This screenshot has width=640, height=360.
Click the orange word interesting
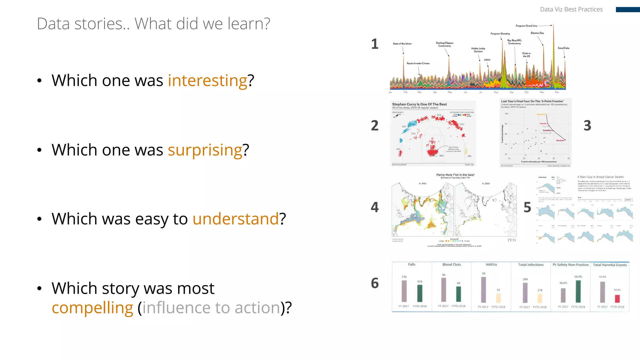coord(207,81)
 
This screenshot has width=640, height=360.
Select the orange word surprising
coord(205,150)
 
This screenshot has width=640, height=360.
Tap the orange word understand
coord(235,219)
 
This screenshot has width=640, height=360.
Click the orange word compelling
coord(92,308)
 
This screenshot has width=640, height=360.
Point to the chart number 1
coord(375,44)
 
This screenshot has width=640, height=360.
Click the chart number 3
coord(587,126)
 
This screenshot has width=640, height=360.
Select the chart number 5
coord(527,207)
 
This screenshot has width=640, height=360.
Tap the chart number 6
coord(375,283)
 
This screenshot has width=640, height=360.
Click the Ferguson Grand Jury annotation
coord(527,26)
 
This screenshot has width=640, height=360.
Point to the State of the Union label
coord(402,44)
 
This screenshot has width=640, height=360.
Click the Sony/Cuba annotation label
coord(563,48)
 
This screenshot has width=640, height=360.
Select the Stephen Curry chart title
coord(419,104)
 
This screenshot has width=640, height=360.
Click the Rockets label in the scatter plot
coord(560,141)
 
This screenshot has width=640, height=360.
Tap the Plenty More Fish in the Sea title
coord(455,175)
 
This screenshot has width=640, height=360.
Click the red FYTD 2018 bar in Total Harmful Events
coord(617,298)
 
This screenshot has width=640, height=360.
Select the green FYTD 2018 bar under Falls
coord(420,293)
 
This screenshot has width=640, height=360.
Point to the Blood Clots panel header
coord(452,265)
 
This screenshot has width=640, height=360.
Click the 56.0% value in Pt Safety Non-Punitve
coord(578,277)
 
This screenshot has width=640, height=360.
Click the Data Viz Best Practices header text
coord(571,9)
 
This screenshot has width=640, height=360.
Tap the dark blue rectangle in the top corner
coord(627,10)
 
